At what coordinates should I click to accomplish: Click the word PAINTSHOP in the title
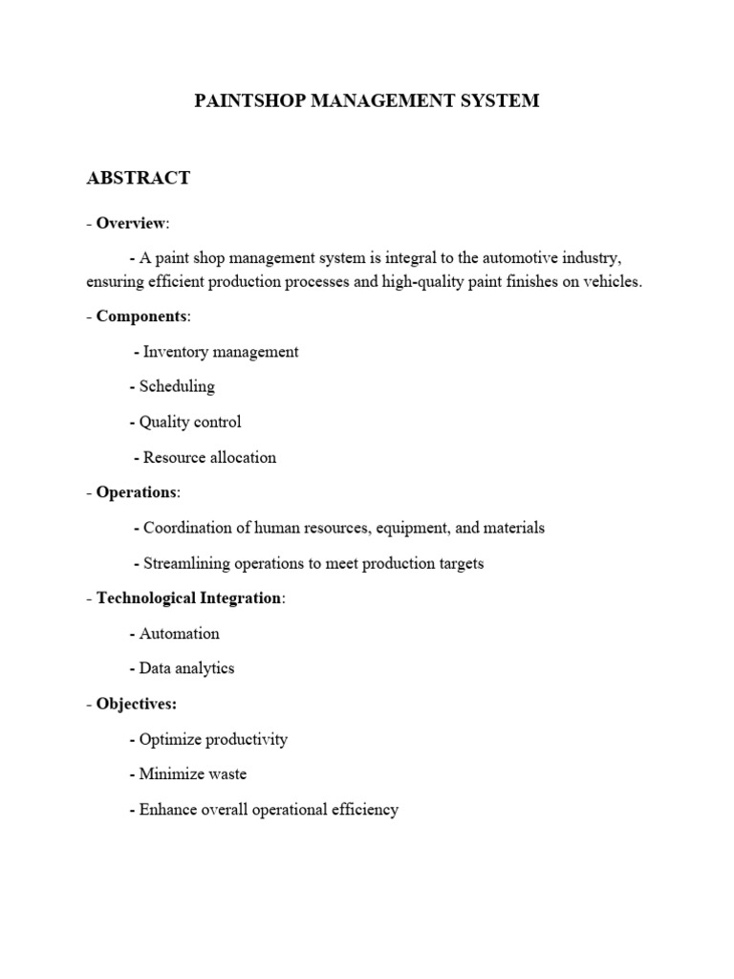tap(247, 100)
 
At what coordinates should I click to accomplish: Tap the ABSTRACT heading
tap(139, 178)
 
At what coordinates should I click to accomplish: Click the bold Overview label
tap(131, 223)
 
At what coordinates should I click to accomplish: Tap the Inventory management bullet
tap(221, 352)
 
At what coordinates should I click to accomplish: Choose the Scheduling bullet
tap(177, 387)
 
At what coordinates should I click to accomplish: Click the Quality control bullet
tap(190, 422)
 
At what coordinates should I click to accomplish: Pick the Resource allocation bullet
tap(209, 457)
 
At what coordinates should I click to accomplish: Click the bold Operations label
tap(137, 492)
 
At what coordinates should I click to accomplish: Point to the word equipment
tap(417, 528)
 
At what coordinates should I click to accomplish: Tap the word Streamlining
tap(188, 563)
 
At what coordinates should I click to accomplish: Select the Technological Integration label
tap(189, 598)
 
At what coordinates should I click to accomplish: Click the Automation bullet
tap(179, 634)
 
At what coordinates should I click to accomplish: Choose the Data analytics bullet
tap(186, 668)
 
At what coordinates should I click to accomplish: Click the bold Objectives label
tap(136, 704)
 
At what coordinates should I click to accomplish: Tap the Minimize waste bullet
tap(192, 774)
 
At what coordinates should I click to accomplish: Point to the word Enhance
tap(168, 810)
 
